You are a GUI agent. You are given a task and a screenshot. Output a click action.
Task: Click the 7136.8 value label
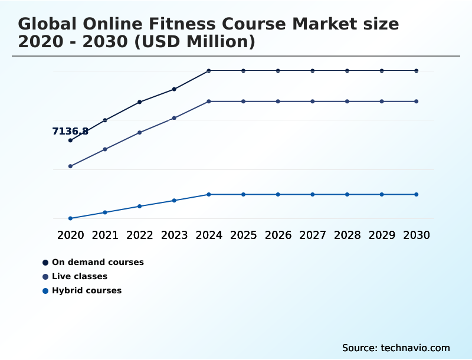click(70, 132)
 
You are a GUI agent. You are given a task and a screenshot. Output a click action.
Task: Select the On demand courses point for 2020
click(70, 140)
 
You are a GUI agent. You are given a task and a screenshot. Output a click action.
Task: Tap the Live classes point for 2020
click(70, 166)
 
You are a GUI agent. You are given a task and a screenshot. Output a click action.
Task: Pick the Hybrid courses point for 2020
click(70, 218)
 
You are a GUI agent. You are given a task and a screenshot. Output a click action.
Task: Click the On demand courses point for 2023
click(174, 89)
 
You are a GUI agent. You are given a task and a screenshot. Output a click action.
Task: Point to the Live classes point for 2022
click(140, 133)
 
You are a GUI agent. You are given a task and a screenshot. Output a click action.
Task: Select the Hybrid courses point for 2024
click(209, 194)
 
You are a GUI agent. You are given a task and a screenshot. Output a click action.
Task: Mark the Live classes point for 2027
click(313, 102)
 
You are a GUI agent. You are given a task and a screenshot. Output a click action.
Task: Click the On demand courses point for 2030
click(417, 71)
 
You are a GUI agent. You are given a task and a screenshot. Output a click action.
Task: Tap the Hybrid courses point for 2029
click(382, 194)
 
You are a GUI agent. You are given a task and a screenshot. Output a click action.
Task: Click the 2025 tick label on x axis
click(243, 235)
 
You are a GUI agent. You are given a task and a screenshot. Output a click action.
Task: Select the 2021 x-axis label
click(105, 235)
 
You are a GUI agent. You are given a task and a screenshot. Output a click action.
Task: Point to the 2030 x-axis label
click(417, 235)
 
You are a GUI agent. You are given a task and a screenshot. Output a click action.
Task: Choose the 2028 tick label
click(347, 235)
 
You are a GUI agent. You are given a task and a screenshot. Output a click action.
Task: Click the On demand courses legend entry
click(97, 262)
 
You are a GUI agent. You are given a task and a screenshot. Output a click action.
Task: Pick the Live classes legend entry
click(80, 276)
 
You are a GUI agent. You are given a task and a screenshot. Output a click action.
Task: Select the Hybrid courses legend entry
click(87, 290)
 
